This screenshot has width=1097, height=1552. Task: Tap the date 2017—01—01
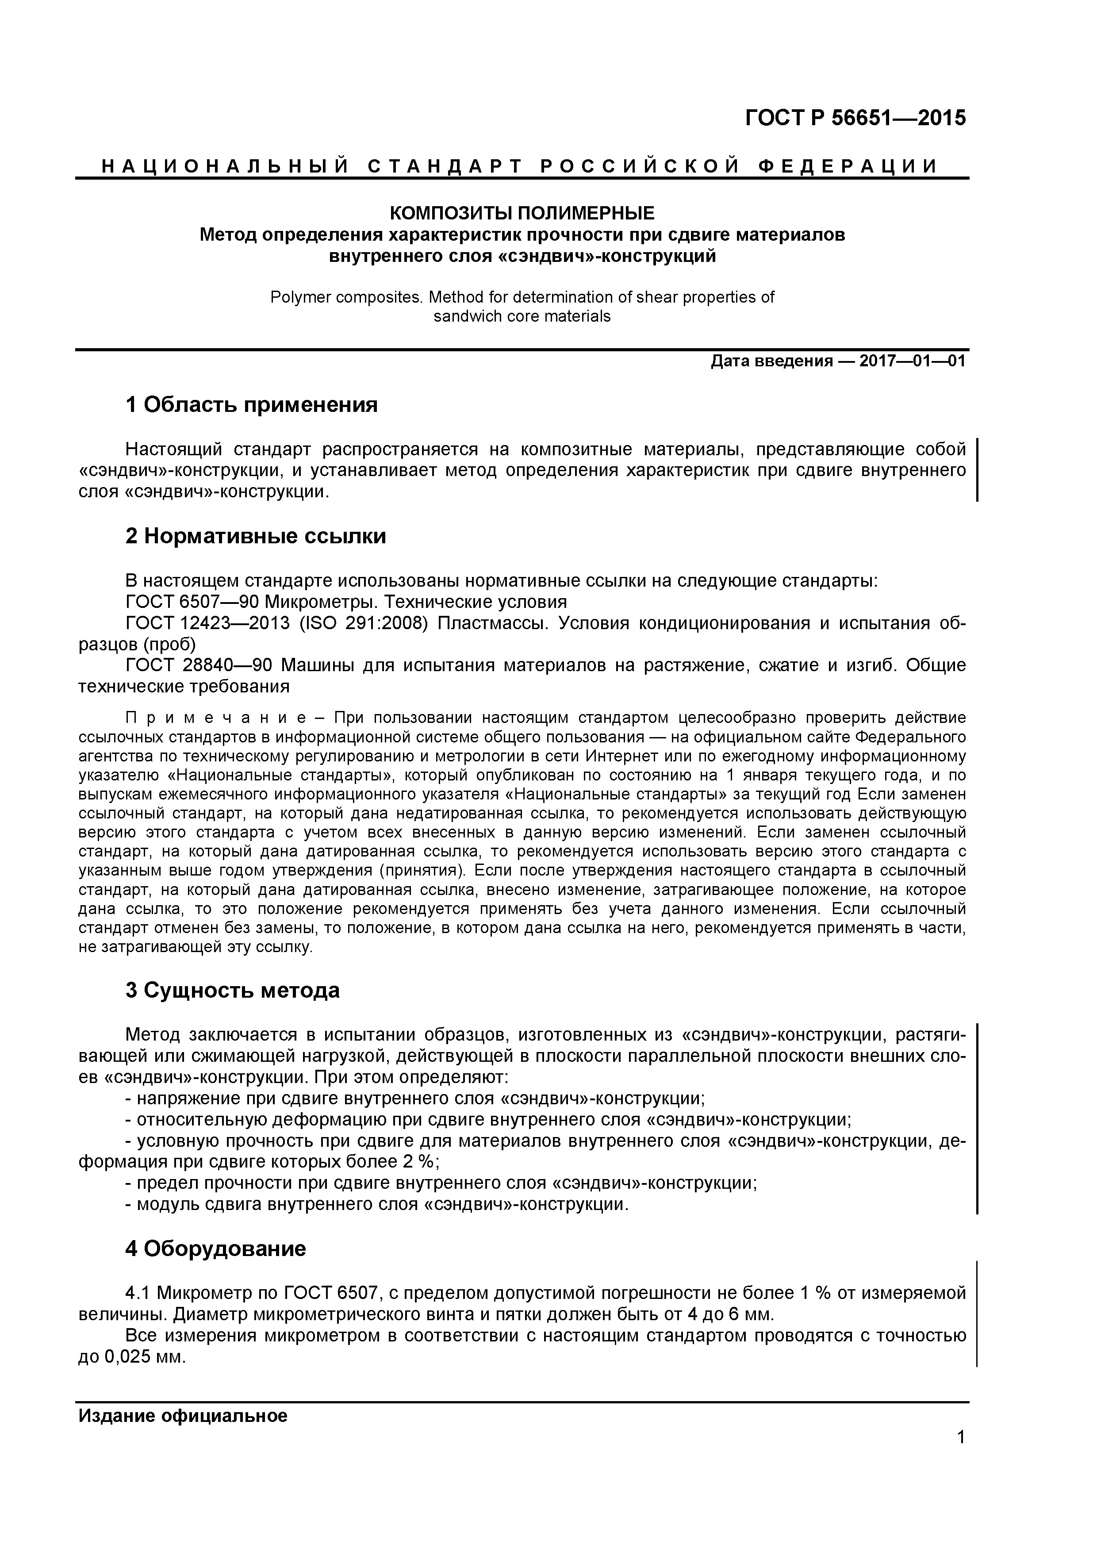pos(913,361)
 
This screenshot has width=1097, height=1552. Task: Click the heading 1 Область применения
pos(251,406)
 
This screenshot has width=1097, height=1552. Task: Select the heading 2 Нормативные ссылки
pos(256,536)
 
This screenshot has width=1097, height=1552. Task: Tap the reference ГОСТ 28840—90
pos(199,666)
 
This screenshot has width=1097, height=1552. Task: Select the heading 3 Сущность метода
pos(233,991)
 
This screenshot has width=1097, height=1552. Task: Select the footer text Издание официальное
pos(183,1416)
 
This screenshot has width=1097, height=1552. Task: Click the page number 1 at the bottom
pos(960,1456)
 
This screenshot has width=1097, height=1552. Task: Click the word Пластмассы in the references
pos(489,623)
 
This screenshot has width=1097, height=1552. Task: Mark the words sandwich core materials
pos(522,316)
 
